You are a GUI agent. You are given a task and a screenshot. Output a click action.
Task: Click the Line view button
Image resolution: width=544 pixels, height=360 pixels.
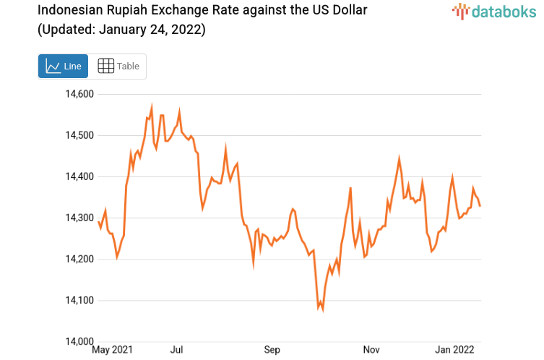64,66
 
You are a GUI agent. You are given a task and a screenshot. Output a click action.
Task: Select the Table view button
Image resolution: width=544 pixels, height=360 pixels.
118,66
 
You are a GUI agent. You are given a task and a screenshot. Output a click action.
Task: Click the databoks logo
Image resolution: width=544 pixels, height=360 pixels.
493,11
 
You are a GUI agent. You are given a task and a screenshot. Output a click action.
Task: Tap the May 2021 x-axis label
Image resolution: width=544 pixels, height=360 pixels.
112,351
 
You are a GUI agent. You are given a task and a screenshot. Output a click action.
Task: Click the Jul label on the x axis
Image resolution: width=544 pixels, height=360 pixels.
176,351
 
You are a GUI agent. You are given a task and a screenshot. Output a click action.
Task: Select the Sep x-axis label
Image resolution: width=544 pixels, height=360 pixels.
272,351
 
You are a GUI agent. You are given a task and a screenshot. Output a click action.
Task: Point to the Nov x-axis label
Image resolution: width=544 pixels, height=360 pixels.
371,351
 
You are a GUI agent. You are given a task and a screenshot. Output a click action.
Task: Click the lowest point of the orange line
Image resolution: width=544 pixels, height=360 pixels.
322,310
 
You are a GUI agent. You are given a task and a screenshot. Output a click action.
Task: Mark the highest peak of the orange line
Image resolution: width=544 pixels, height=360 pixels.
152,106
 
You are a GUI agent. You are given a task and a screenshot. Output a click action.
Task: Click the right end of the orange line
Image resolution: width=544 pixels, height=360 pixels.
480,207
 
